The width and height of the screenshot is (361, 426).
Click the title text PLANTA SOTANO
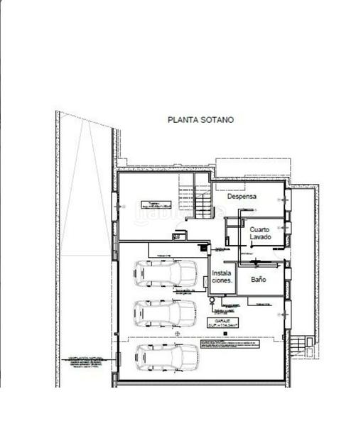[x=200, y=120]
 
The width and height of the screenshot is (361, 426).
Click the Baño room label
[x=258, y=280]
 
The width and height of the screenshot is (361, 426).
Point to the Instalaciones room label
[x=222, y=277]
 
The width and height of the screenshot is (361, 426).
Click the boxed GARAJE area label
[x=223, y=323]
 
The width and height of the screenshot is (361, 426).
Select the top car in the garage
[x=166, y=273]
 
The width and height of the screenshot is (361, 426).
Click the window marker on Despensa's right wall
[x=286, y=200]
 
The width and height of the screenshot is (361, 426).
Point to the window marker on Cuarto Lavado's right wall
[x=286, y=228]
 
